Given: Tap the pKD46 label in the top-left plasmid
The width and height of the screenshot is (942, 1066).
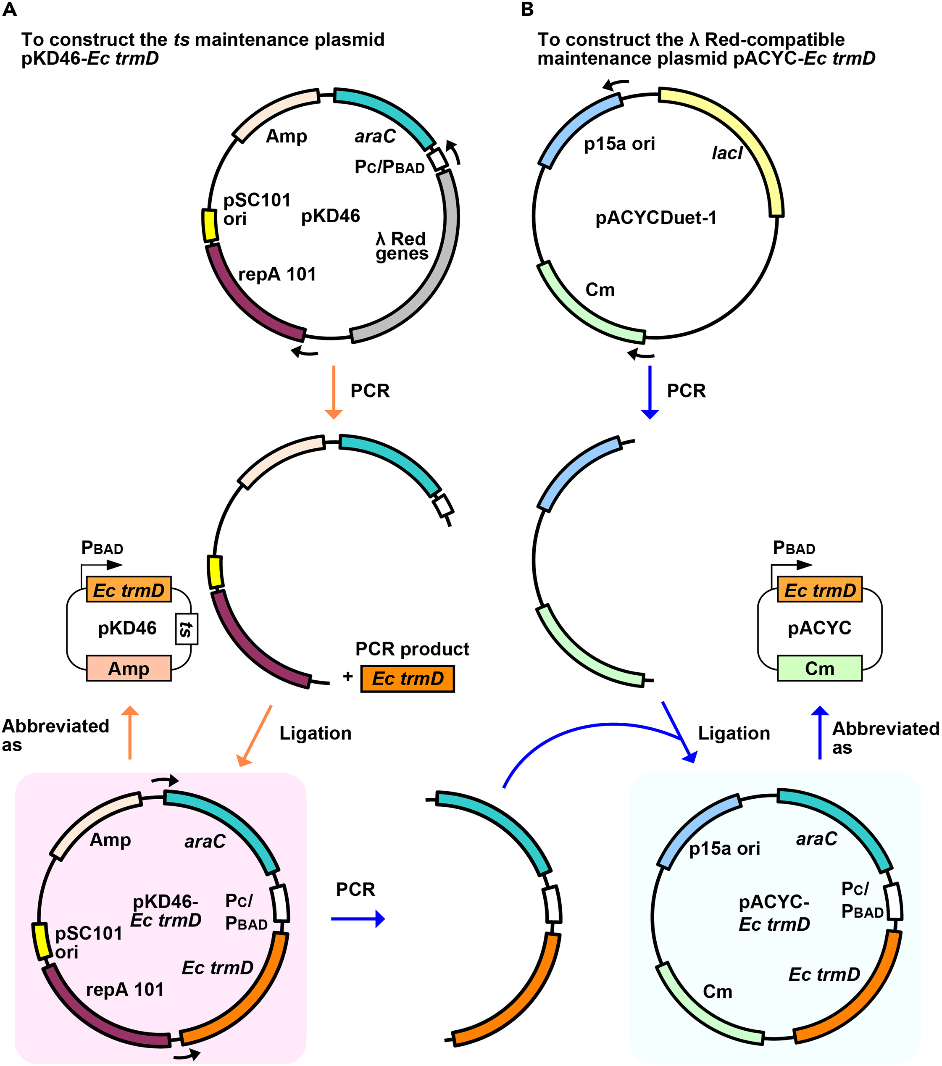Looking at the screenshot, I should tap(330, 216).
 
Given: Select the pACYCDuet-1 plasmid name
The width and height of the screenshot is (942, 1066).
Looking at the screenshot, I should tap(655, 218).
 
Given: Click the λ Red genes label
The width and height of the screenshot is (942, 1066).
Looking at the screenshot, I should tap(401, 246).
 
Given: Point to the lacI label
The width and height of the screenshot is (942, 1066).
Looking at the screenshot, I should tap(726, 153).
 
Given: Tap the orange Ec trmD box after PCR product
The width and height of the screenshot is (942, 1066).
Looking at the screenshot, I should tap(408, 679).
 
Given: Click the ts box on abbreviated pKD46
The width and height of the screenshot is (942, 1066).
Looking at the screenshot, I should tap(186, 629).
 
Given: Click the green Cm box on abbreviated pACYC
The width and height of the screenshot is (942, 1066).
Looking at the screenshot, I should tap(819, 669).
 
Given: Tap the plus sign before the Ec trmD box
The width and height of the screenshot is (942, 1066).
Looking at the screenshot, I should tap(348, 676).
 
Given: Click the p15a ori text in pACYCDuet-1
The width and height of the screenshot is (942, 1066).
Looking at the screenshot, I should tap(619, 144).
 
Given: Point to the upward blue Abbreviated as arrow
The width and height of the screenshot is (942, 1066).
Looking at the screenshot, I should tap(820, 733).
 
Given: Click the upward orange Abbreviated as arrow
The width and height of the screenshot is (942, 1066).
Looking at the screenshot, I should tap(130, 733).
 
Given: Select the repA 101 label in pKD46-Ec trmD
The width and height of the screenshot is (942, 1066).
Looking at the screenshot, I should tap(125, 990).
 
